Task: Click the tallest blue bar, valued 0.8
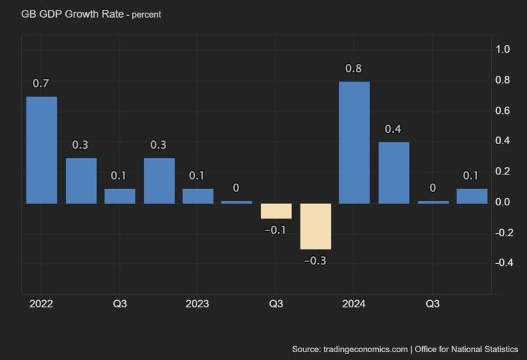354,142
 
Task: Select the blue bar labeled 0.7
42,150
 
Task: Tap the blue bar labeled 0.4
393,172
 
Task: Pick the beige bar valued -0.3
316,226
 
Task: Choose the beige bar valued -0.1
276,211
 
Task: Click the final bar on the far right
472,196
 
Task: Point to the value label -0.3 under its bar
315,261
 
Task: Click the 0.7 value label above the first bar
42,84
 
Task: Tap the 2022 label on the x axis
42,304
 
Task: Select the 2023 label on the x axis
198,304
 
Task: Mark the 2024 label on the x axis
354,304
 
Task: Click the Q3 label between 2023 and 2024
276,304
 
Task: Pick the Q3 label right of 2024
432,304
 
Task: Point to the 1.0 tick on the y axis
503,49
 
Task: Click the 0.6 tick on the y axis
503,111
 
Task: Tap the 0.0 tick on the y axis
503,202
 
